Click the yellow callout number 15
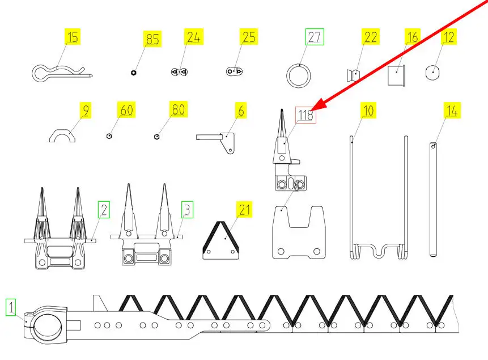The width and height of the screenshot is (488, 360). pos(73,37)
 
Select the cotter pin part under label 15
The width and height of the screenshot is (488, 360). pos(62,73)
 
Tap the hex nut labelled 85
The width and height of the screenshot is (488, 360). pos(134,73)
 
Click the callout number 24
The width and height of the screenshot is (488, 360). pos(194,37)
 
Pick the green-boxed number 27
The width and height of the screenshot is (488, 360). pos(315,37)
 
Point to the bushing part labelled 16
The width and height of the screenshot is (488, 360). pos(397,75)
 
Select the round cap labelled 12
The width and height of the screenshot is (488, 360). pos(432,73)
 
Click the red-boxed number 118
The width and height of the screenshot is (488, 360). pos(305,115)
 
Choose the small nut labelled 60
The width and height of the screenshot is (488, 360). pos(109,136)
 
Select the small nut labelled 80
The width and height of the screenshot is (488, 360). pos(157,137)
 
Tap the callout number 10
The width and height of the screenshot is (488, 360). pos(368,110)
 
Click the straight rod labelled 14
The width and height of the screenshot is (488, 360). pos(433,200)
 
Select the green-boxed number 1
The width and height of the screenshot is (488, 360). pos(11,307)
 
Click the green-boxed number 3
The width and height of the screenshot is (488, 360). pos(188,210)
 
